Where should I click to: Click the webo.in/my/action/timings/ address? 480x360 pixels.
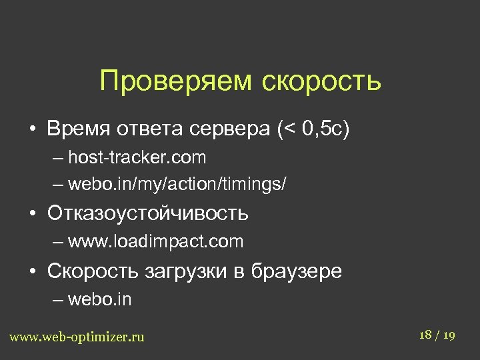coord(177,183)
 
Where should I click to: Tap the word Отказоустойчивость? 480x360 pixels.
coord(147,213)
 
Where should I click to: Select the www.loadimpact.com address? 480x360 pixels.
coord(155,241)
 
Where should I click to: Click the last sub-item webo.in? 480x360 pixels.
coord(99,299)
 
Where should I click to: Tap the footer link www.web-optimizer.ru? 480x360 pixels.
coord(77,337)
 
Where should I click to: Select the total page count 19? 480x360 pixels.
coord(449,335)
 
